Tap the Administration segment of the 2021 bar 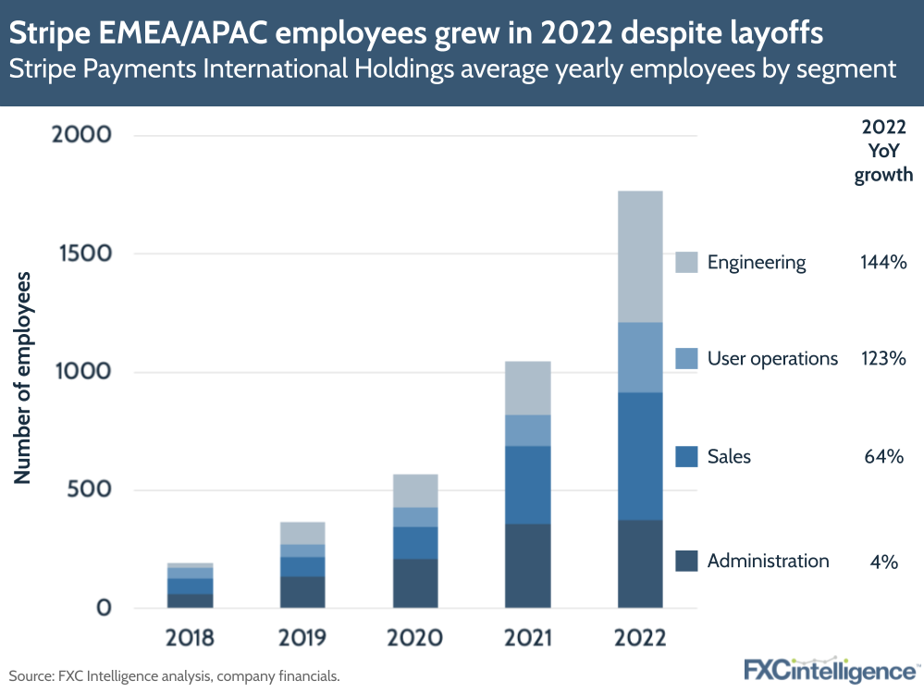click(527, 566)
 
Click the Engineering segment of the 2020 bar click(414, 490)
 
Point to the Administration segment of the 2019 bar click(302, 592)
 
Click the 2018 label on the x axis click(190, 637)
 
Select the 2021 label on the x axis click(527, 637)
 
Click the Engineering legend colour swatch click(686, 263)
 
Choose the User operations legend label click(772, 358)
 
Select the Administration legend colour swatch click(686, 561)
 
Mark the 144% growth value click(882, 263)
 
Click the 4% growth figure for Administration click(883, 561)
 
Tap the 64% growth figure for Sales click(882, 456)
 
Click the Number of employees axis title click(22, 377)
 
